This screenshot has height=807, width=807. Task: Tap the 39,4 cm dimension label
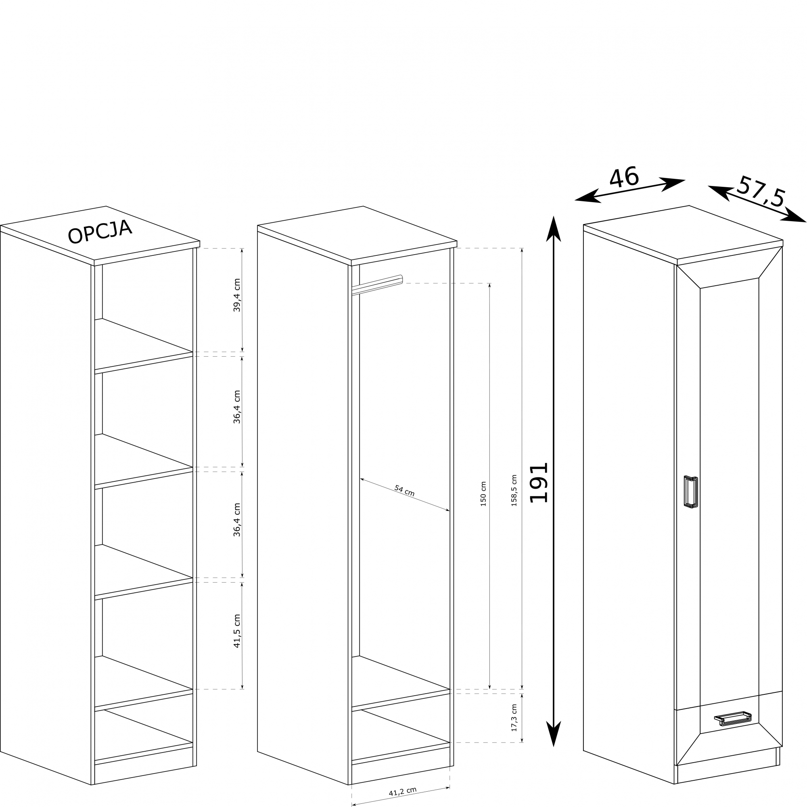pyautogui.click(x=237, y=295)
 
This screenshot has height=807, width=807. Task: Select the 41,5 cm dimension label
pyautogui.click(x=237, y=631)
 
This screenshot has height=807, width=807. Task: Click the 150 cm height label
pyautogui.click(x=483, y=494)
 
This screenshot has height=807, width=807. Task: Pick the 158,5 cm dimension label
pyautogui.click(x=514, y=490)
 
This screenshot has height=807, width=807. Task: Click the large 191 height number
pyautogui.click(x=538, y=483)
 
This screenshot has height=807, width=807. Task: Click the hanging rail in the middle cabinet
pyautogui.click(x=377, y=284)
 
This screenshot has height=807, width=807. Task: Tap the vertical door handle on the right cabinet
pyautogui.click(x=691, y=492)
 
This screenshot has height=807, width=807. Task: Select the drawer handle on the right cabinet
pyautogui.click(x=733, y=719)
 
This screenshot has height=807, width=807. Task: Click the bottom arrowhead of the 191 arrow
pyautogui.click(x=554, y=734)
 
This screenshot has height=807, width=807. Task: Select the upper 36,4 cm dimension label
pyautogui.click(x=237, y=407)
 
